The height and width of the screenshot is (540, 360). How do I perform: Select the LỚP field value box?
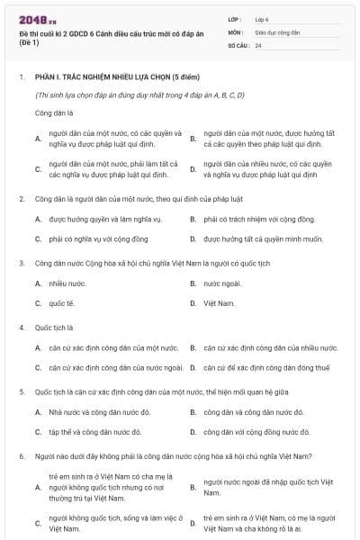pyautogui.click(x=297, y=18)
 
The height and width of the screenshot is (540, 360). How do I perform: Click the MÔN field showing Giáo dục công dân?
pyautogui.click(x=297, y=31)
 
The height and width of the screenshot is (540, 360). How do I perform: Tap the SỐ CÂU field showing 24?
pyautogui.click(x=297, y=43)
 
